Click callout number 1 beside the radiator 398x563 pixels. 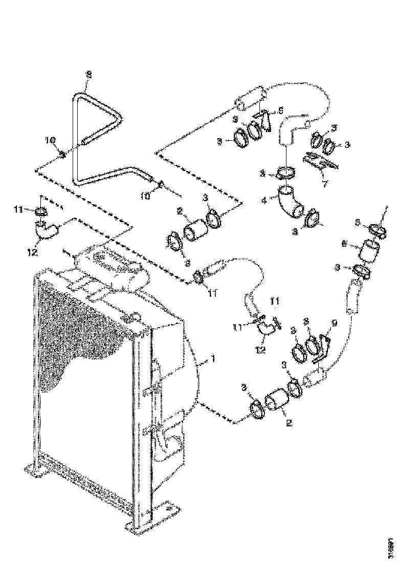pos(213,359)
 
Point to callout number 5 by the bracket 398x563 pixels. pos(280,111)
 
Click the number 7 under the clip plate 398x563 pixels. pos(325,183)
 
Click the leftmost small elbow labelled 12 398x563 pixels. pos(47,231)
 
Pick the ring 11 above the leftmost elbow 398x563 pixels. pos(42,211)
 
